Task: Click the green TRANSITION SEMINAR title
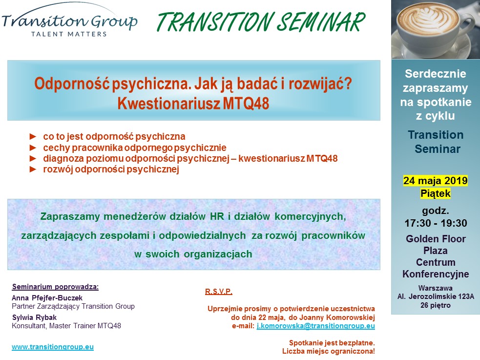[261, 22]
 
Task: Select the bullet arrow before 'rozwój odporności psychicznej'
[33, 169]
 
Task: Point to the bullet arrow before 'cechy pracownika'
[33, 148]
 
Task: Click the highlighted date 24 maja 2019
[435, 181]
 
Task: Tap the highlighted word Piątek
[435, 193]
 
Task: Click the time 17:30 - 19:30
[436, 223]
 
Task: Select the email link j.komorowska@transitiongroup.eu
[315, 326]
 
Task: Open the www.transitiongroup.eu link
[53, 347]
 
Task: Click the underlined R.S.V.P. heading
[219, 292]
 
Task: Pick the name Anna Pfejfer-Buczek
[47, 298]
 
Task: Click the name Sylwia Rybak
[34, 318]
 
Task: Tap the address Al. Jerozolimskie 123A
[436, 296]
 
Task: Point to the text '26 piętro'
[435, 305]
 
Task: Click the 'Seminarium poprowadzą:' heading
[55, 287]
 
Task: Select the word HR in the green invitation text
[217, 216]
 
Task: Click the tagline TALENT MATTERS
[69, 34]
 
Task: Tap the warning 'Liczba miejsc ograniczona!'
[329, 351]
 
